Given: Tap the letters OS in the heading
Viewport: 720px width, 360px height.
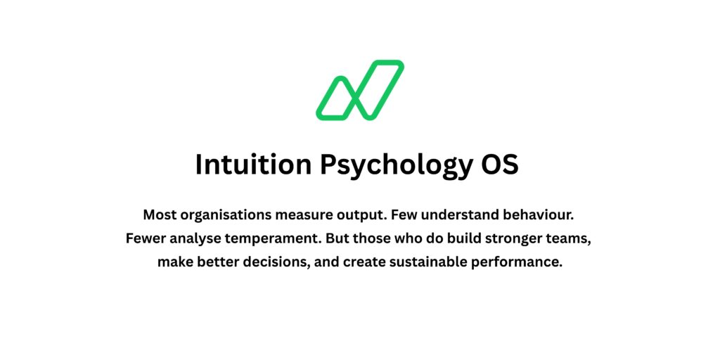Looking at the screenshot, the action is pyautogui.click(x=500, y=165).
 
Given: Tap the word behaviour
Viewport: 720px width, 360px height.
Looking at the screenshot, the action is pyautogui.click(x=533, y=215).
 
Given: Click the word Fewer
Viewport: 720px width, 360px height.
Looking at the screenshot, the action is pyautogui.click(x=143, y=239).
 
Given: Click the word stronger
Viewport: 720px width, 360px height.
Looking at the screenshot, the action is pyautogui.click(x=515, y=240).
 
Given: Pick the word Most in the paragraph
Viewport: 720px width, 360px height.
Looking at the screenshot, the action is pyautogui.click(x=160, y=215).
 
